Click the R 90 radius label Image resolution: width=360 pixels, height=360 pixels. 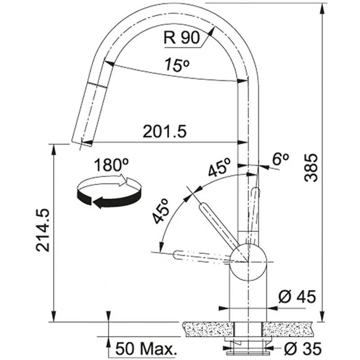coord(182,38)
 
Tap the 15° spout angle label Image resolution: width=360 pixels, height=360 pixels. coord(177,64)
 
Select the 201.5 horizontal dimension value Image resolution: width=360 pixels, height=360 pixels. coord(165,131)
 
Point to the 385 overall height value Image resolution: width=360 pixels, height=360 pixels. coord(311,168)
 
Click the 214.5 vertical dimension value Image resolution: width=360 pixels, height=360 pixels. coord(43,230)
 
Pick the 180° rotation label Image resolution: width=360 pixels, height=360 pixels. coord(111,165)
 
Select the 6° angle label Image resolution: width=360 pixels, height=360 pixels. coord(280,159)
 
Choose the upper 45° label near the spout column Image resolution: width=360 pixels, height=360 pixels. coord(219,166)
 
